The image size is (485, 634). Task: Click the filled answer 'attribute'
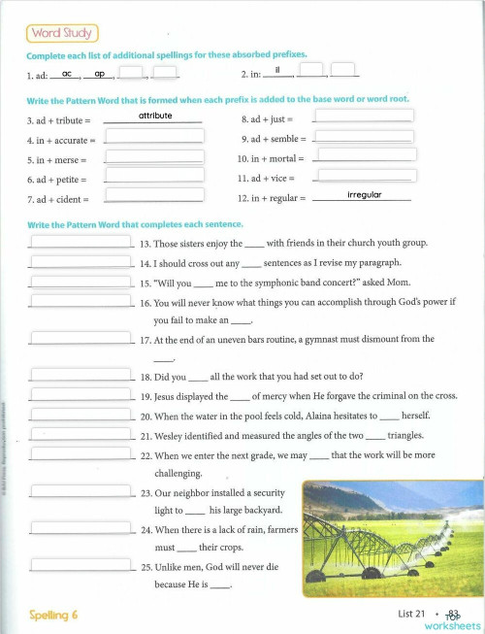[x=155, y=116]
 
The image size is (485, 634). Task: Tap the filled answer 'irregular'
[x=365, y=195]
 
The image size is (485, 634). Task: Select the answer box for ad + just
[x=365, y=116]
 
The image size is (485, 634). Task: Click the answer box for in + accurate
[x=155, y=136]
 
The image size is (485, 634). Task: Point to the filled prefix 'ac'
[x=67, y=73]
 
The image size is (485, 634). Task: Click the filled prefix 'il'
[x=278, y=71]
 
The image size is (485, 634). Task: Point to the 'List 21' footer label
[x=411, y=614]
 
